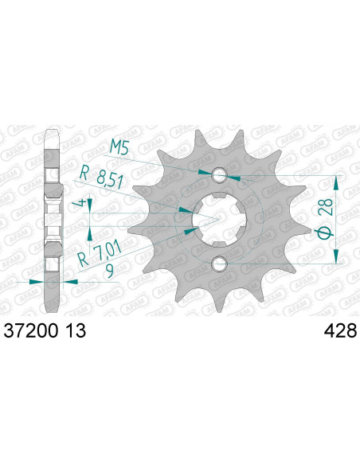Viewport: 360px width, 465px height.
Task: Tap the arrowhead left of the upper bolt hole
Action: [209, 172]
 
